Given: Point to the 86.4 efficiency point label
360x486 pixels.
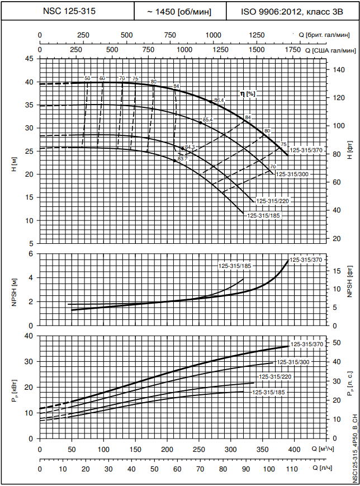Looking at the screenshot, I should pos(219,100).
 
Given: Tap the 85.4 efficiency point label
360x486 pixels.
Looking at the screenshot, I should pos(208,120).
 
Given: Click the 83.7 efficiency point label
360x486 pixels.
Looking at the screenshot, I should pos(182,159).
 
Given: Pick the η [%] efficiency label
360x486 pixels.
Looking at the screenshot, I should pos(248,93).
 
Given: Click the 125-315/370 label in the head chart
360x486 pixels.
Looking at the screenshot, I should pos(306,150).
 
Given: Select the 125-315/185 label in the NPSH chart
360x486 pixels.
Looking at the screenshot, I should pos(234,266).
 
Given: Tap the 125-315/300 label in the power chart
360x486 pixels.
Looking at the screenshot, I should pos(293,362).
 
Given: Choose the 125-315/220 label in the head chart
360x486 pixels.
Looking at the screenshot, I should pos(274,200).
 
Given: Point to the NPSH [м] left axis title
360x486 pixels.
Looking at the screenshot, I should pos(14,290).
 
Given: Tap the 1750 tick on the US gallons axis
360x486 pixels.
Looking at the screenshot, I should pos(292,50).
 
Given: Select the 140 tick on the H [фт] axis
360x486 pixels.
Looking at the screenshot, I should pos(337,69).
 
